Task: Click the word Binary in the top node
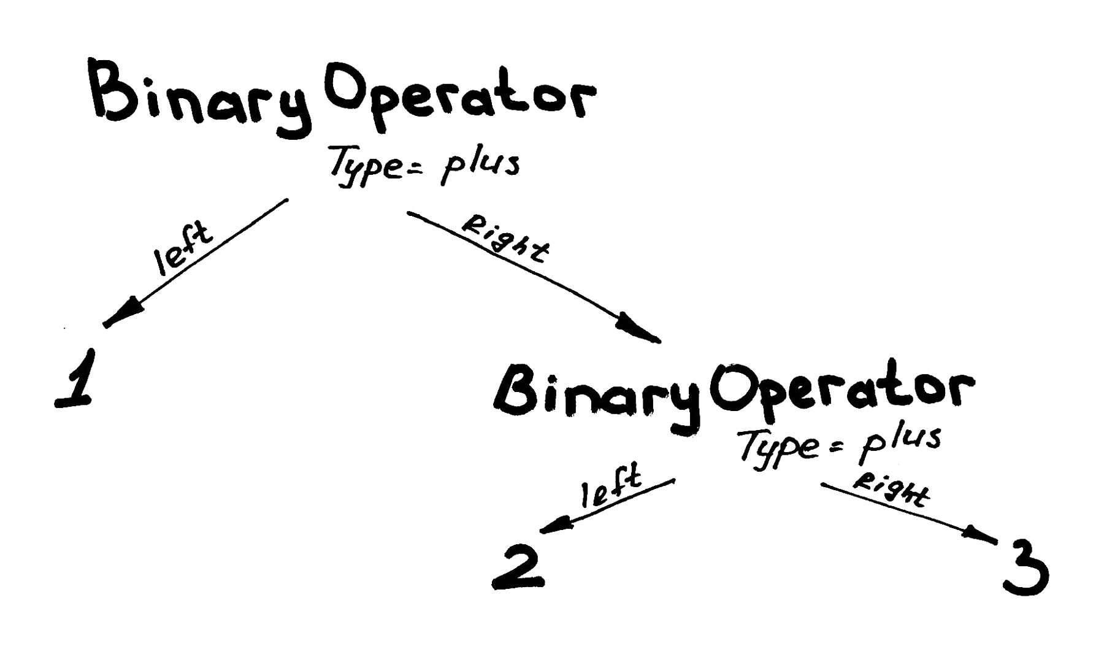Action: tap(199, 98)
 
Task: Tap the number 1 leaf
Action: tap(77, 379)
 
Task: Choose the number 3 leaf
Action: tap(1025, 571)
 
